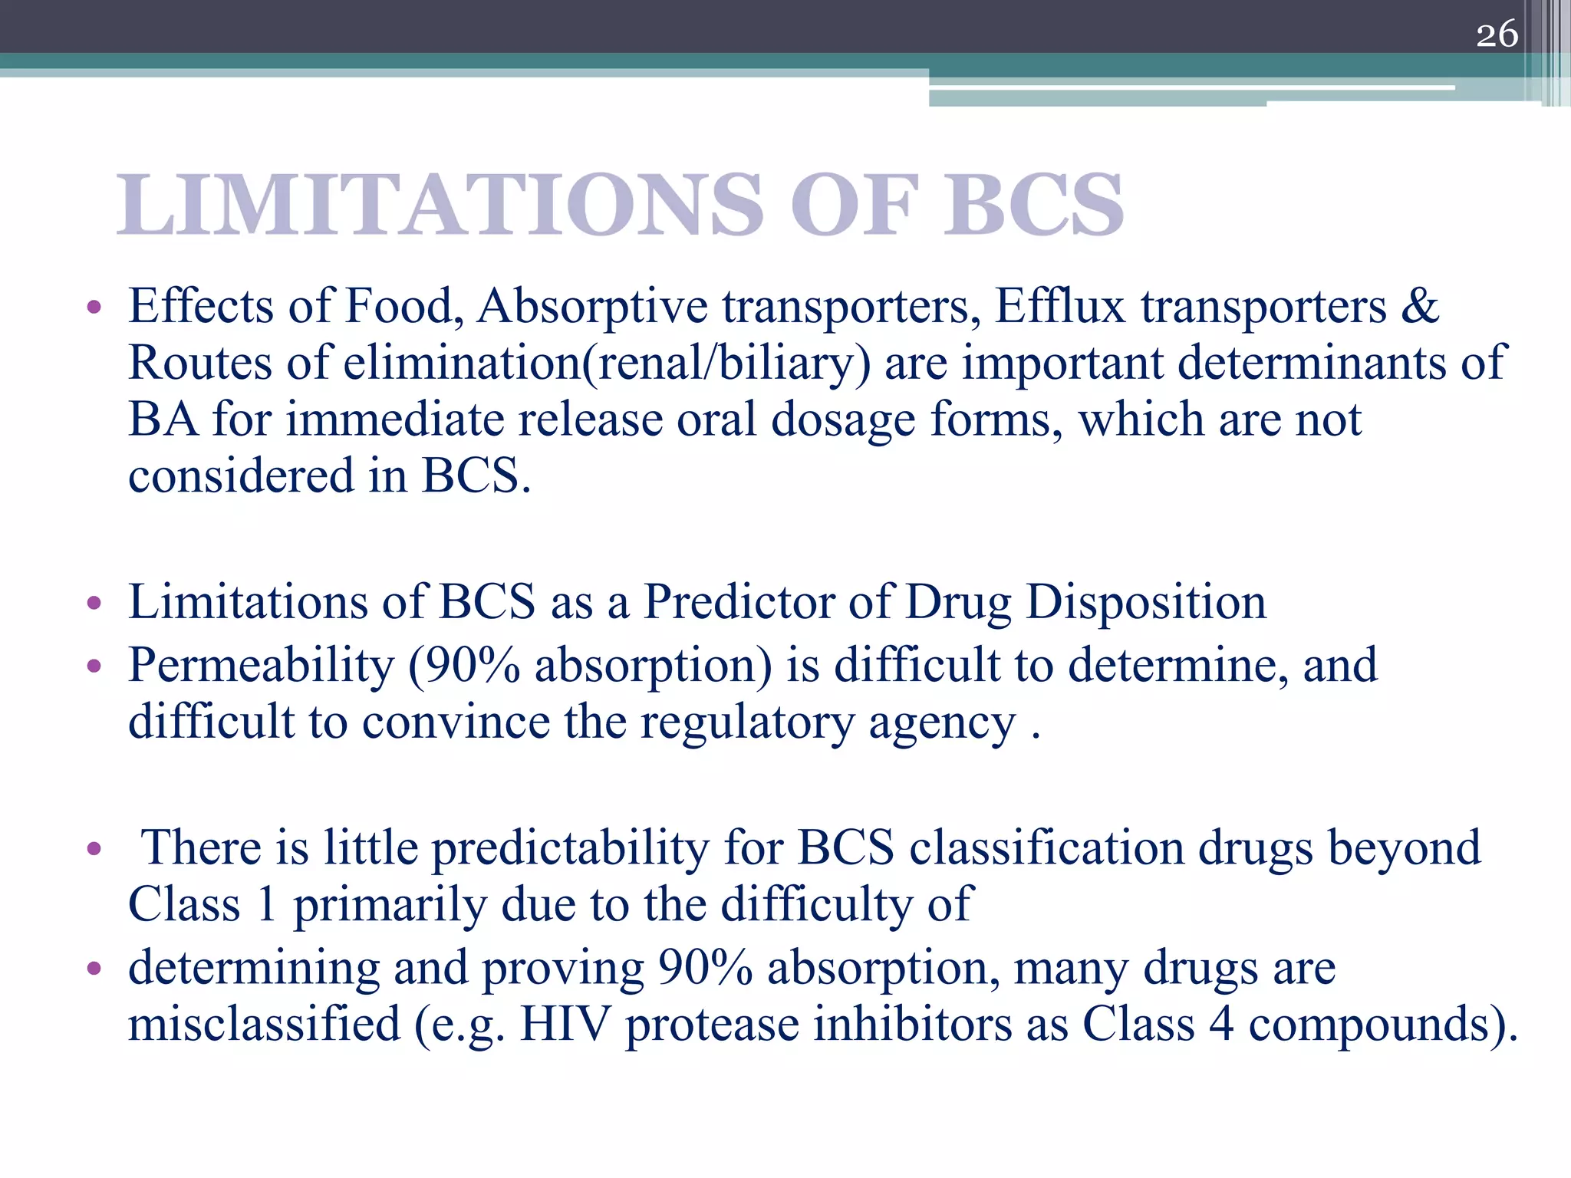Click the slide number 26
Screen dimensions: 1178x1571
[x=1497, y=35]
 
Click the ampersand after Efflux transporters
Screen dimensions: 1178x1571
[x=1420, y=306]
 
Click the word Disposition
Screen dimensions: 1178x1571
[x=1146, y=601]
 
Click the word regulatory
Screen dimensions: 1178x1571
[x=746, y=722]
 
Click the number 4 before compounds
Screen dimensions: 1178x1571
[x=1221, y=1024]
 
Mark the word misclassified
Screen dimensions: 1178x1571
[x=264, y=1024]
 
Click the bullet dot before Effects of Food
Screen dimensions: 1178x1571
[x=94, y=308]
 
